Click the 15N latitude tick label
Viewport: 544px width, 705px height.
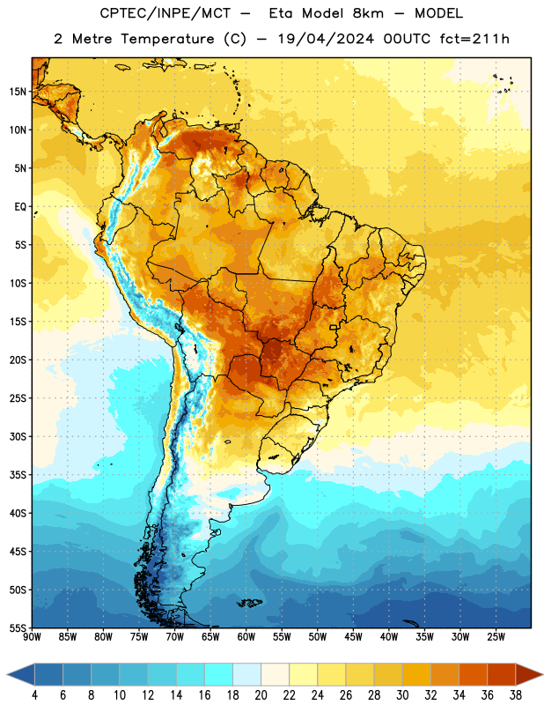point(18,92)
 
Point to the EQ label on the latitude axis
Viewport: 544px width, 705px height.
point(20,207)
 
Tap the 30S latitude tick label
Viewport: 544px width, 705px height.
point(18,436)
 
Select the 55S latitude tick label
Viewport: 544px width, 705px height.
point(18,627)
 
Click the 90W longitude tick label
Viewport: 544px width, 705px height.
point(32,637)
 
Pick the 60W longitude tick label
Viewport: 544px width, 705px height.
point(246,637)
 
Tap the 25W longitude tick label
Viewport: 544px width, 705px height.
point(496,637)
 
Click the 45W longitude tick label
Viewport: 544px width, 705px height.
point(353,637)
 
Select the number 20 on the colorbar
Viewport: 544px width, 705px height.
point(261,695)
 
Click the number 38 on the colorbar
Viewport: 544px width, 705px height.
point(516,695)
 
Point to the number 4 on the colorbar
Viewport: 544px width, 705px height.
point(34,695)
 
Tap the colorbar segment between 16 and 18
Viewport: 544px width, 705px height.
point(219,674)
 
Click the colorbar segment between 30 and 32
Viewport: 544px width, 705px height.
point(417,674)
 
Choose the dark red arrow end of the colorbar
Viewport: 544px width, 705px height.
point(529,674)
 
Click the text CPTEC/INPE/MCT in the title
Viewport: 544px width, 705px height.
point(165,13)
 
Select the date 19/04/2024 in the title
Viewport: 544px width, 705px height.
point(326,39)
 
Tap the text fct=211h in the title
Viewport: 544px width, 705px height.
point(474,39)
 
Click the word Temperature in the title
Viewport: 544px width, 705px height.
point(167,39)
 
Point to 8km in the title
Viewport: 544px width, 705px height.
point(368,13)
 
